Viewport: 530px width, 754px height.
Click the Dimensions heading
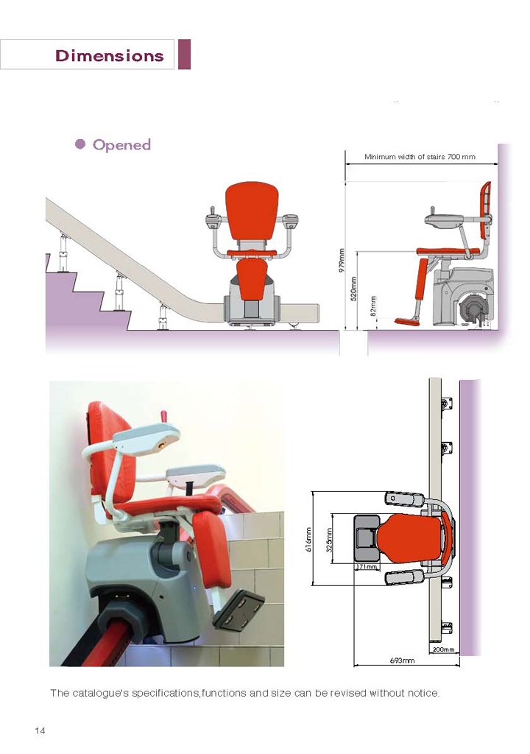pos(109,55)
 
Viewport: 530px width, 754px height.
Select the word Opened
pos(121,145)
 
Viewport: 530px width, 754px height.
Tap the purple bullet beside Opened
pos(80,144)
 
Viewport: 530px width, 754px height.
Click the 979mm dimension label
pos(342,260)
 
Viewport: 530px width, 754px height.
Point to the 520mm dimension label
pos(353,289)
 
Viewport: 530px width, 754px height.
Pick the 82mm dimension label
pos(372,306)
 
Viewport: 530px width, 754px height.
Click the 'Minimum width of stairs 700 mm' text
pos(420,157)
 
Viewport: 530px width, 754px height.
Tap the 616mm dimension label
pos(308,539)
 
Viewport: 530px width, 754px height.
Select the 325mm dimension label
pos(330,540)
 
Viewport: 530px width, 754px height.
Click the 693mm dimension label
pos(402,660)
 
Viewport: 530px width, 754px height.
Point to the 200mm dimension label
pos(443,649)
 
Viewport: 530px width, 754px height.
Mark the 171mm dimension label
pos(367,567)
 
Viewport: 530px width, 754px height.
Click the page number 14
pos(40,730)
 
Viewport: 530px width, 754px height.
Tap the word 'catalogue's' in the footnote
pos(100,694)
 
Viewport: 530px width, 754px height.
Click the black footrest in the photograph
pos(238,610)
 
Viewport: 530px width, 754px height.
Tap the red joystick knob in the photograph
pos(163,415)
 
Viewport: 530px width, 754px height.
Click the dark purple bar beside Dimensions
pos(185,54)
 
